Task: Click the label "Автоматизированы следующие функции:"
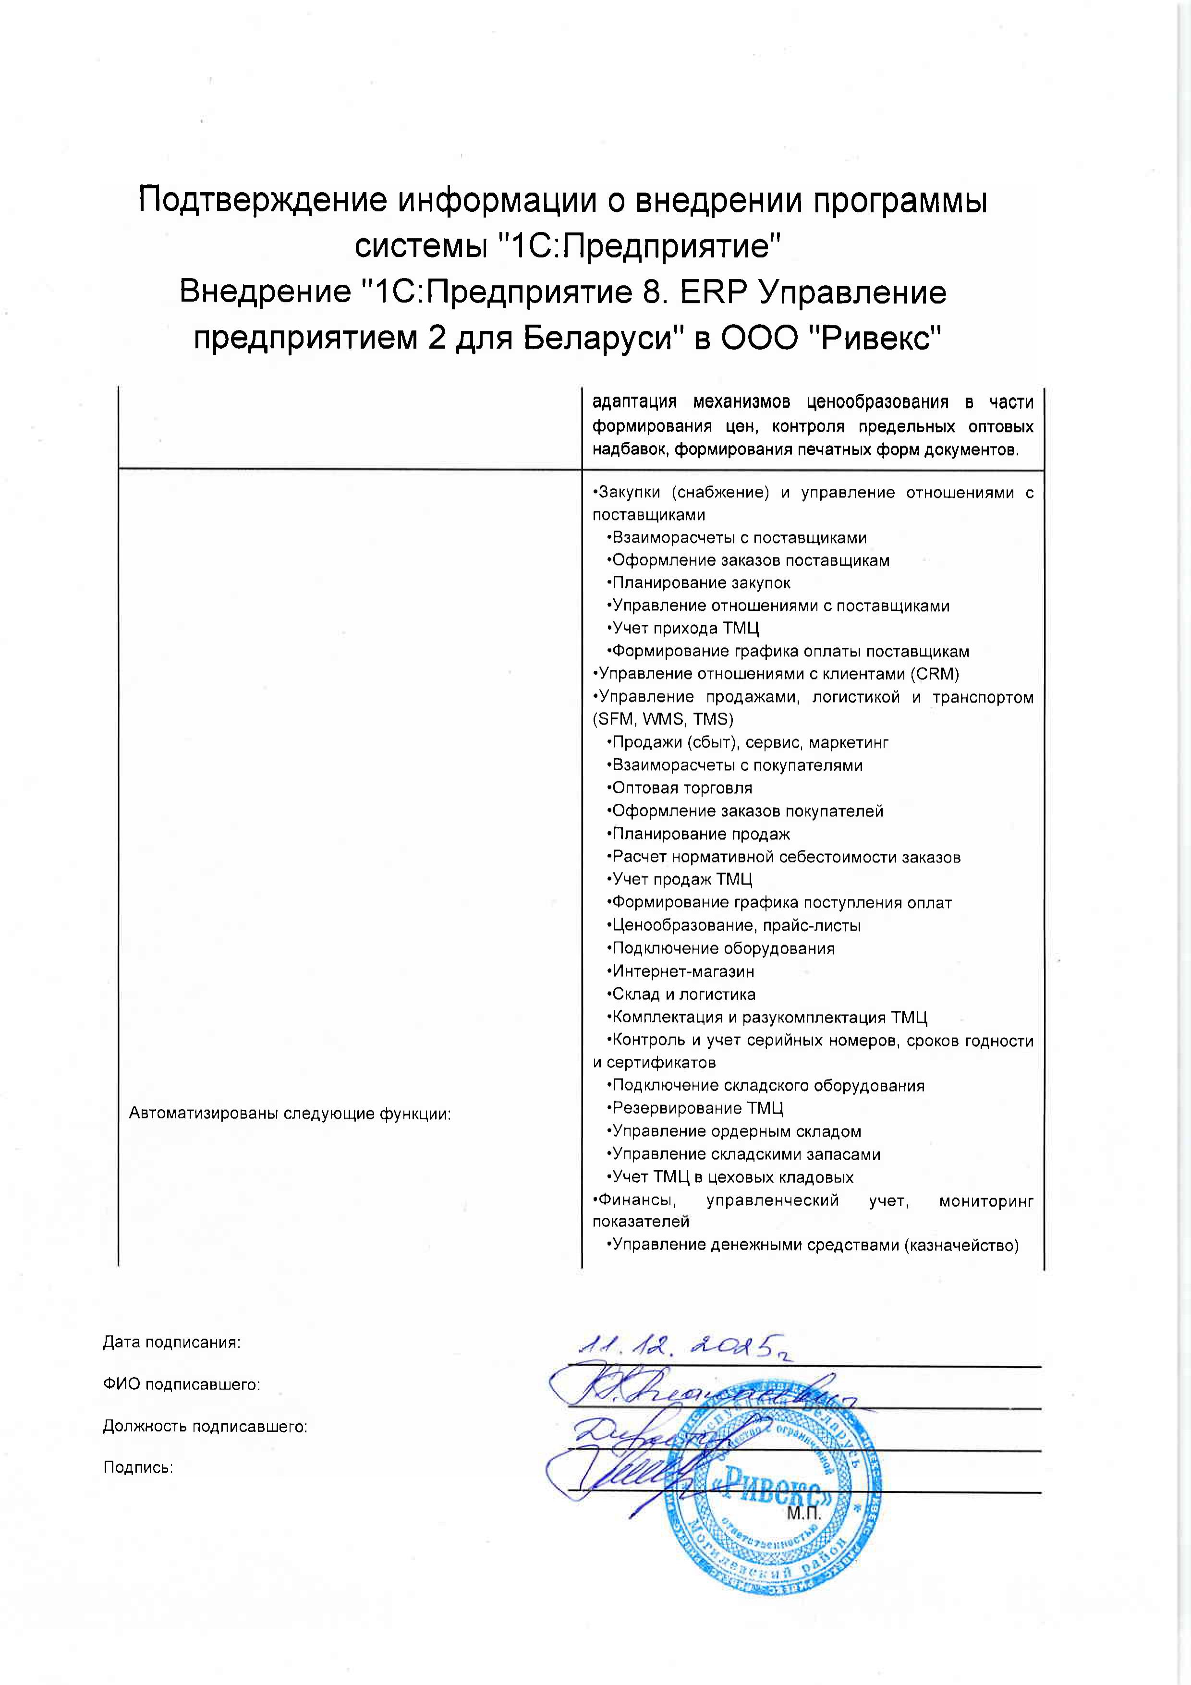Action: click(x=290, y=1113)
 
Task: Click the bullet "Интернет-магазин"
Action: click(x=682, y=971)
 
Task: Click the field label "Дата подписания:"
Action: click(x=172, y=1342)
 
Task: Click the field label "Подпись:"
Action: click(x=138, y=1468)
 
